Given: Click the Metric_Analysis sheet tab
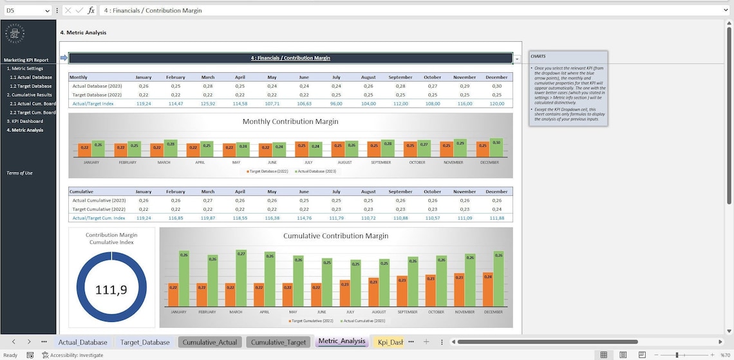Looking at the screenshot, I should point(341,341).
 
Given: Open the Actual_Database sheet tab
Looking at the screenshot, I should point(82,342).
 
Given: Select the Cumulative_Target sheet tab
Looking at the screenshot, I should point(278,342).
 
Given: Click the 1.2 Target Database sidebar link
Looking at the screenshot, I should point(30,86).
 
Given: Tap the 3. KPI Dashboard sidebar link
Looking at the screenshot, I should point(25,121).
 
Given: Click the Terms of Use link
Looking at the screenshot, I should point(19,173).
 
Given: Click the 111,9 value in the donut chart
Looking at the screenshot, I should point(111,290).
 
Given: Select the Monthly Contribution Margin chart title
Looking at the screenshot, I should point(290,121).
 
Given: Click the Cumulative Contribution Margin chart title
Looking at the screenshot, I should point(335,236).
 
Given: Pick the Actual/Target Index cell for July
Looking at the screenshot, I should point(336,104).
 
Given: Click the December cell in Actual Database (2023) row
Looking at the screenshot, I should point(496,86).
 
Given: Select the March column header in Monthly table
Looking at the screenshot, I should point(207,77).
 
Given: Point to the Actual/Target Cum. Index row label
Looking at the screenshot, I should point(99,218).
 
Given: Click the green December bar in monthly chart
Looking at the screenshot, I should point(496,147).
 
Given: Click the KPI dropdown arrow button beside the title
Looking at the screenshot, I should point(517,59).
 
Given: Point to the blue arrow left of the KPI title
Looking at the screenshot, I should point(64,58).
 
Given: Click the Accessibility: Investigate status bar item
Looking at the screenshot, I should point(73,355).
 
